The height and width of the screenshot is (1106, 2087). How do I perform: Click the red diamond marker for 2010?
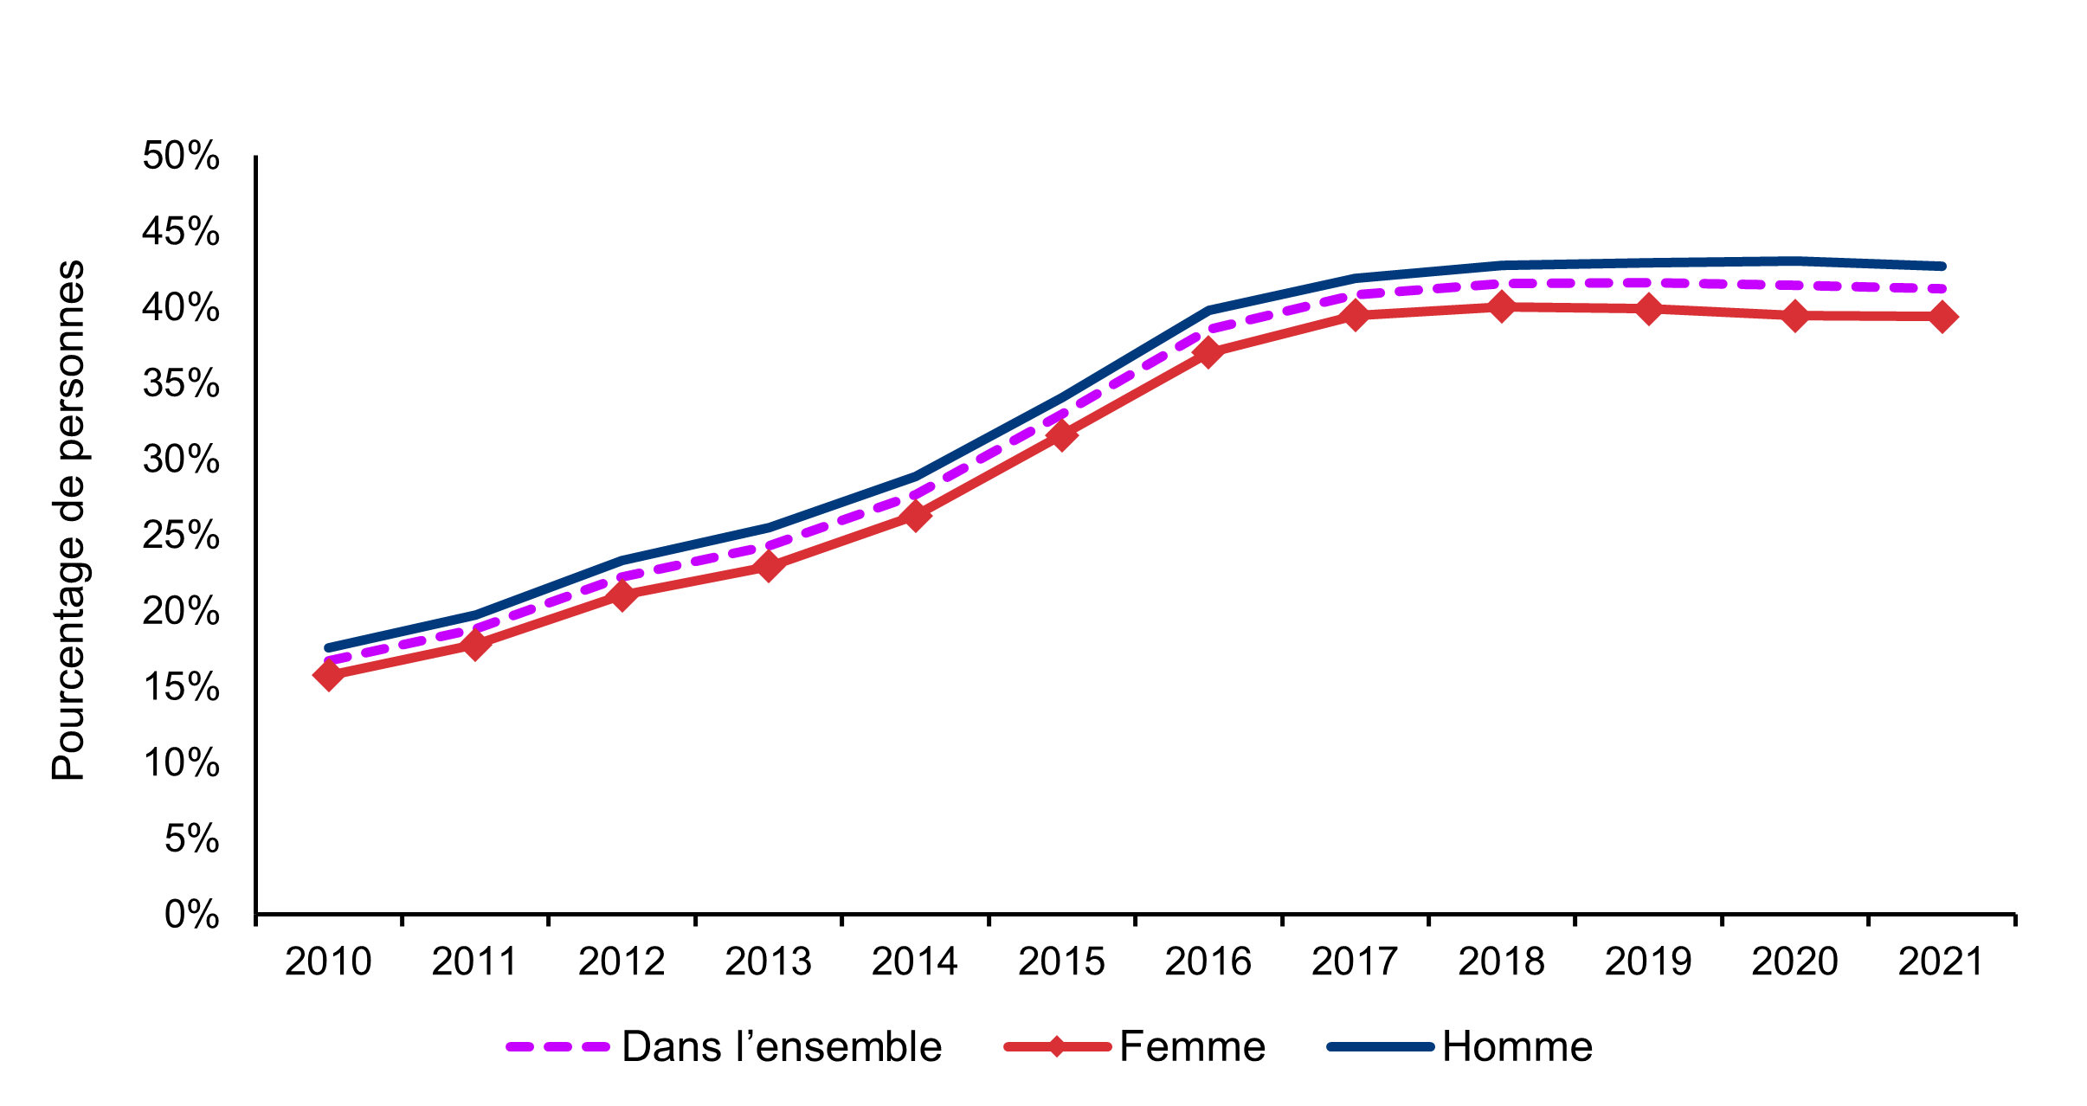click(328, 674)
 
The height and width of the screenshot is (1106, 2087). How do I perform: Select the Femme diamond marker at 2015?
click(1061, 434)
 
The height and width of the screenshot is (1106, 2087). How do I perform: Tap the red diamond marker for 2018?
click(1502, 306)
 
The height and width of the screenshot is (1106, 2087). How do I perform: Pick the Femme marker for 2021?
click(1942, 317)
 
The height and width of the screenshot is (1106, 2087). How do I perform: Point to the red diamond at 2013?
click(769, 567)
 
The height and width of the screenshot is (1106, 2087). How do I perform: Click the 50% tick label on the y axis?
click(181, 157)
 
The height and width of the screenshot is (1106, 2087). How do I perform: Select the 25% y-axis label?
click(181, 536)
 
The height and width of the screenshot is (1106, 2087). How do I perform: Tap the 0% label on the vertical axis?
click(191, 915)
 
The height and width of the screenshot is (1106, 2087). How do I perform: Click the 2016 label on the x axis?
click(1208, 962)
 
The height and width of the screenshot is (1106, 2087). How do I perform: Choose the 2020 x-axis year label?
click(1794, 962)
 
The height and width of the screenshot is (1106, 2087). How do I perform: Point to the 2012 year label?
click(621, 962)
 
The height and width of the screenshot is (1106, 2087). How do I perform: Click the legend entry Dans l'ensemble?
click(781, 1047)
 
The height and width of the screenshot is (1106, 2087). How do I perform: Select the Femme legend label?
click(1192, 1047)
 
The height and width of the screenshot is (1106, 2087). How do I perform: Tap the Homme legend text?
click(1517, 1047)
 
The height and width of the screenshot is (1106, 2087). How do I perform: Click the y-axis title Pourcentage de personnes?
click(68, 520)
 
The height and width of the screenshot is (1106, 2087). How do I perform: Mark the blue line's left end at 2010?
click(329, 647)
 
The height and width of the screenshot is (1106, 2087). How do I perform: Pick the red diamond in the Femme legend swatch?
click(1057, 1047)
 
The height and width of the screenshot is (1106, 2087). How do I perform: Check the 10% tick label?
click(181, 763)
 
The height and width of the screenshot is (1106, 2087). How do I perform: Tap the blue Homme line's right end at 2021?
click(1942, 266)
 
